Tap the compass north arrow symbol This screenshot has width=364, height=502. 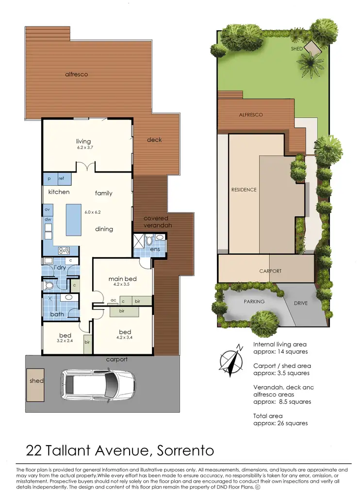232,360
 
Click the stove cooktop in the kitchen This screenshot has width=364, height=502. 64,251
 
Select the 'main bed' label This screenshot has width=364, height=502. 122,278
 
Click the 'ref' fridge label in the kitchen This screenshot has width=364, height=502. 61,179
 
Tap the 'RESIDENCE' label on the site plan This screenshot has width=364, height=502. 244,190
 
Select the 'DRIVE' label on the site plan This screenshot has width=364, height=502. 300,303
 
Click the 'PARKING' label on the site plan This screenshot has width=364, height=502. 254,301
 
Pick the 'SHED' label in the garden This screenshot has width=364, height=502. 297,49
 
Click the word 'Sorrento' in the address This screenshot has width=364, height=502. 186,450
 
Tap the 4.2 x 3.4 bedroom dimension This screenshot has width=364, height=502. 124,337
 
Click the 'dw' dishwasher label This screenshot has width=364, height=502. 48,219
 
